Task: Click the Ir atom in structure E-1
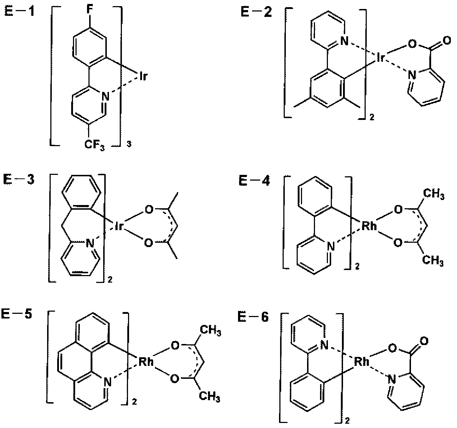pyautogui.click(x=142, y=77)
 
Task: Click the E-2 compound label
pyautogui.click(x=256, y=12)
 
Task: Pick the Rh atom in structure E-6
pyautogui.click(x=362, y=362)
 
